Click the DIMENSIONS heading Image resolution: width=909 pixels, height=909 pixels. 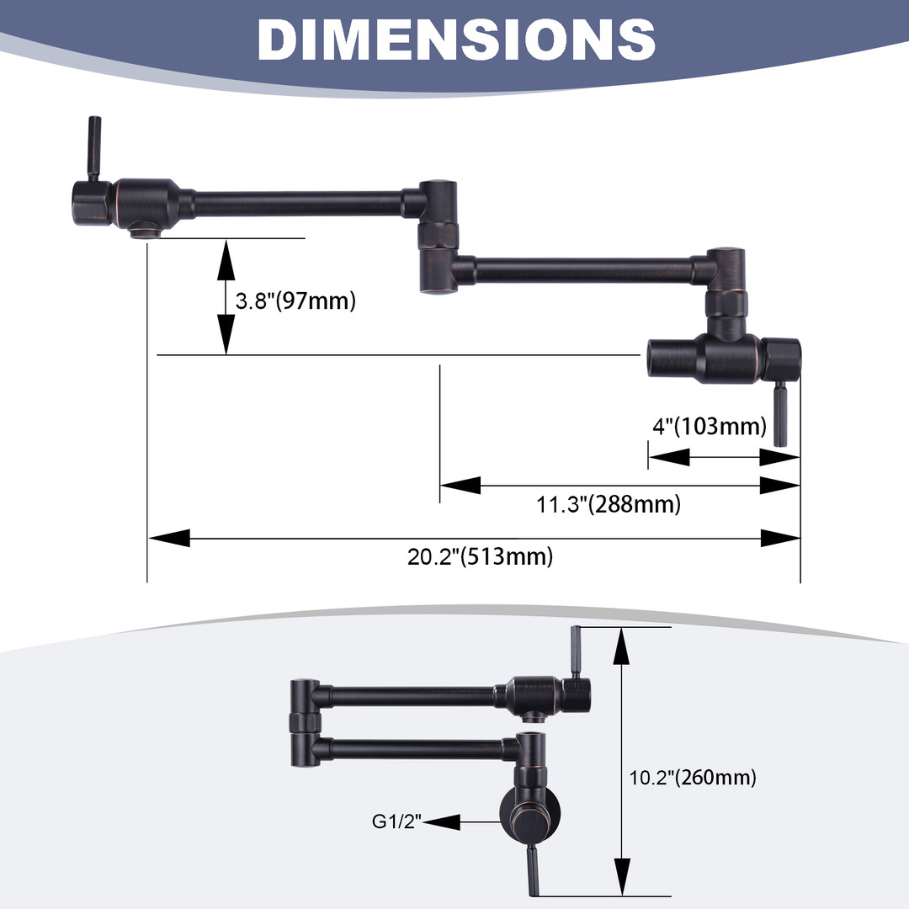tap(456, 39)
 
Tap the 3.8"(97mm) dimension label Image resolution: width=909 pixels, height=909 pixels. tap(295, 300)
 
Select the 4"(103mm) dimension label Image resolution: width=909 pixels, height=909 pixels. tap(710, 426)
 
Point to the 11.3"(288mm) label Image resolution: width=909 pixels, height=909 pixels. tap(609, 504)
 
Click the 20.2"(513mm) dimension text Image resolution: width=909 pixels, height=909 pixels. tap(480, 556)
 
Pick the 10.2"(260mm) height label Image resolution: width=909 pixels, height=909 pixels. tap(693, 778)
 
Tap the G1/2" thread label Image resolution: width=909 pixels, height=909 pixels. tap(396, 821)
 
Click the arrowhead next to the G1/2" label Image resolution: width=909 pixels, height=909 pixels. tap(442, 822)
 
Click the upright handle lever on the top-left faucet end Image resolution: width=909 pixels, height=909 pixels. tap(93, 148)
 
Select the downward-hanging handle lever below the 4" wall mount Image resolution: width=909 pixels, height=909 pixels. tap(781, 413)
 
